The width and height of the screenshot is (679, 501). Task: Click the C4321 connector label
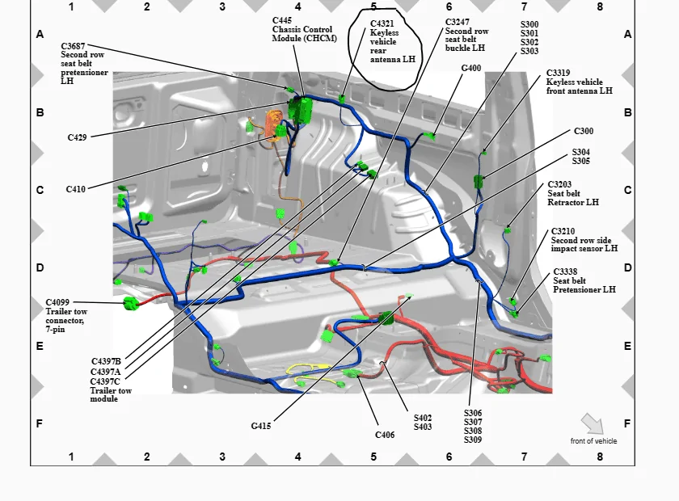[x=382, y=23]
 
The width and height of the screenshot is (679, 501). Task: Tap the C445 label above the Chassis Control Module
[x=282, y=20]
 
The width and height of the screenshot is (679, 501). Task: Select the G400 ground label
[x=471, y=68]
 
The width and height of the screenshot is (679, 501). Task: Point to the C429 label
[x=77, y=137]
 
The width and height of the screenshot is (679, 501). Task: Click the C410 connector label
[x=76, y=189]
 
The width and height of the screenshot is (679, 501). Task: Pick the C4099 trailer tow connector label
[x=57, y=302]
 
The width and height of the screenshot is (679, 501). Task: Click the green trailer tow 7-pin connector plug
[x=131, y=304]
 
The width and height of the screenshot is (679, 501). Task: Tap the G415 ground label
[x=261, y=426]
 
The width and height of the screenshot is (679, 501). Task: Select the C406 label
[x=385, y=435]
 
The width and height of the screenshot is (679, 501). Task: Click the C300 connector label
[x=584, y=131]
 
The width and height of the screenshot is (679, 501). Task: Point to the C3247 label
[x=458, y=22]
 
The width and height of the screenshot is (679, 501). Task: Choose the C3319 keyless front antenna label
[x=559, y=73]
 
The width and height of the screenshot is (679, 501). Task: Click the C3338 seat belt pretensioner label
[x=566, y=272]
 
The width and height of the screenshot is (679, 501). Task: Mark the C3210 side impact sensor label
[x=563, y=231]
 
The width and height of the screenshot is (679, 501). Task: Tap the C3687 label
[x=74, y=46]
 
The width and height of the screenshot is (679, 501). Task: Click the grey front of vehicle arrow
[x=593, y=423]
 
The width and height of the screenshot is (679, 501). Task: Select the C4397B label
[x=106, y=361]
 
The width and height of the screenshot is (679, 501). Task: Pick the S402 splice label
[x=423, y=418]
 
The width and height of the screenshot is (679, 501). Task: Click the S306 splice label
[x=473, y=413]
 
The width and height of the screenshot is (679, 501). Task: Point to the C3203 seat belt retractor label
[x=559, y=184]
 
